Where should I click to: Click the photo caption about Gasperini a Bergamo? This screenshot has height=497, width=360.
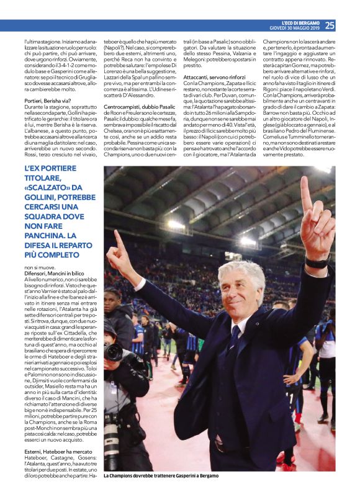(161, 476)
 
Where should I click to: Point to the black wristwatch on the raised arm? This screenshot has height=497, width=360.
(317, 262)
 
